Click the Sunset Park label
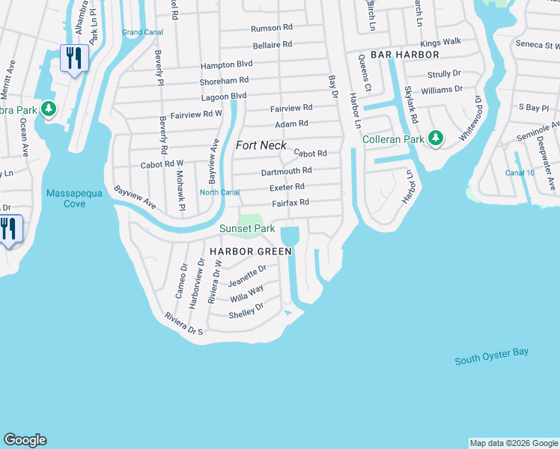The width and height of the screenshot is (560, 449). (247, 228)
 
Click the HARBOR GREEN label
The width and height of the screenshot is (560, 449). (250, 251)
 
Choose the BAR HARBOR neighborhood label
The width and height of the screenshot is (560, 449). (398, 55)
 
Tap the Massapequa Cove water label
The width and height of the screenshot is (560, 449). (74, 198)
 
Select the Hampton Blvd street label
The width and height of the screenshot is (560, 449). (228, 64)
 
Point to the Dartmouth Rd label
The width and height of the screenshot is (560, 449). (286, 171)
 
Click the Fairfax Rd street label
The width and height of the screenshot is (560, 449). (290, 202)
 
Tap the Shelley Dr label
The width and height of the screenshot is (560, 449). (246, 309)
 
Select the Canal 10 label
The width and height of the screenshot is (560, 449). (520, 173)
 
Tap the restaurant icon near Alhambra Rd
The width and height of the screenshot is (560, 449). (74, 58)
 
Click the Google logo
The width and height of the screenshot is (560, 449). (25, 440)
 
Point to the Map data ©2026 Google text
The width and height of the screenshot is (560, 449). (513, 443)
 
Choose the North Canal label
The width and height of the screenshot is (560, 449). (219, 192)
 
